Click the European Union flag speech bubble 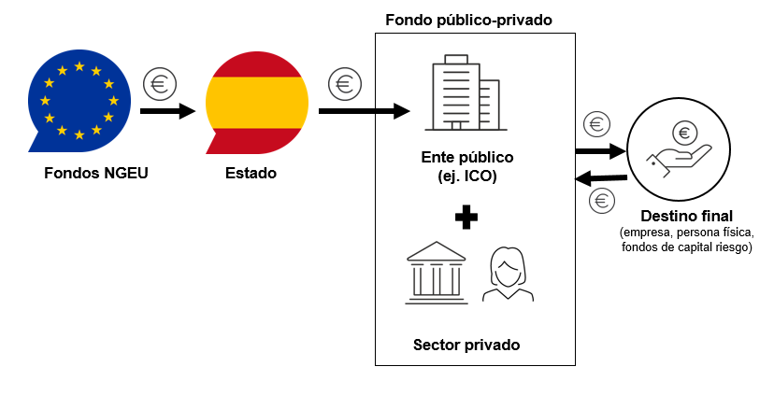pos(77,101)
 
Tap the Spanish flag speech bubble pos(255,101)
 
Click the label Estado pos(251,173)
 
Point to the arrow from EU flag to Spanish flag pos(166,111)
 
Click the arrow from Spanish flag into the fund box pos(363,111)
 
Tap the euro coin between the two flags pos(160,84)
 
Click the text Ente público pos(466,156)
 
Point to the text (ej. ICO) pos(466,175)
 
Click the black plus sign pos(466,218)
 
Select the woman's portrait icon pos(508,274)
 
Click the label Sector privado pos(466,345)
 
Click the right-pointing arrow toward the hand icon pos(599,149)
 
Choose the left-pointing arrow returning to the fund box pos(599,177)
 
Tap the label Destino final pos(686,216)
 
